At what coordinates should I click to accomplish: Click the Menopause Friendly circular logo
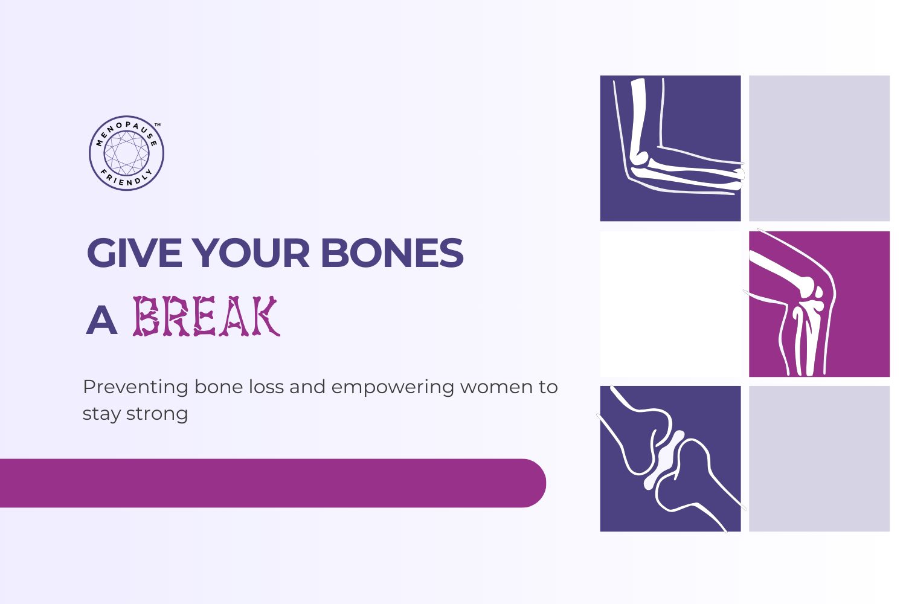(x=127, y=153)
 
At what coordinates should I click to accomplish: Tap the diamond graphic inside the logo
(x=127, y=153)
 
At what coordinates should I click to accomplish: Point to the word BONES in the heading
(x=393, y=253)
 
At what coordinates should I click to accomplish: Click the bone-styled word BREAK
(x=207, y=316)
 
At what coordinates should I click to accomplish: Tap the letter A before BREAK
(x=101, y=320)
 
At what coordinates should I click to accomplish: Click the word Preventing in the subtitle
(x=135, y=388)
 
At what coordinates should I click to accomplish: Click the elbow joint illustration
(x=641, y=158)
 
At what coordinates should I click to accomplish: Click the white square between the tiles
(x=670, y=304)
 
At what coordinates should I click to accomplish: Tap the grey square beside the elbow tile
(x=819, y=149)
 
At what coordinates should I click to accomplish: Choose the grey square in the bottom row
(x=819, y=459)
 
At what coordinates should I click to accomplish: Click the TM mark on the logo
(x=158, y=124)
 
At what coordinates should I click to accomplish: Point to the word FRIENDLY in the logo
(x=127, y=178)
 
